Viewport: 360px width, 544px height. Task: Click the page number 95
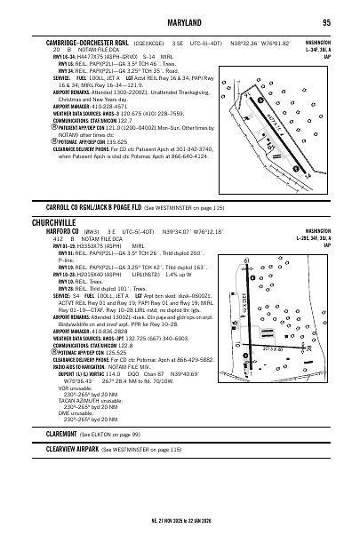pyautogui.click(x=326, y=22)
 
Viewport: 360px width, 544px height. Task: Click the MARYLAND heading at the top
pyautogui.click(x=180, y=22)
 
